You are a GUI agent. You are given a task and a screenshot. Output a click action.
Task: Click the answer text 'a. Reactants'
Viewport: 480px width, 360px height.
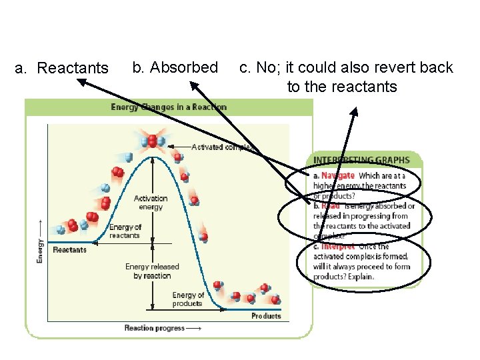(62, 68)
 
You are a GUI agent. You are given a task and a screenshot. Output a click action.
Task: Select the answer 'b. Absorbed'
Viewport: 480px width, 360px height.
(175, 67)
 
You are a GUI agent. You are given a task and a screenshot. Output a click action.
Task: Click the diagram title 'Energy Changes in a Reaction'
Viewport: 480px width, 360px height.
(168, 107)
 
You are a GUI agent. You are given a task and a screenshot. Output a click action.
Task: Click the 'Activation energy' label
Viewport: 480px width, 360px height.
(151, 203)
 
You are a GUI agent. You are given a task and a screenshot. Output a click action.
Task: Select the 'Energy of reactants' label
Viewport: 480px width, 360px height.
(125, 231)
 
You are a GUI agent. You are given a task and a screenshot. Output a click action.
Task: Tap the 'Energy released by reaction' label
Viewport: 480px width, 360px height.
(152, 271)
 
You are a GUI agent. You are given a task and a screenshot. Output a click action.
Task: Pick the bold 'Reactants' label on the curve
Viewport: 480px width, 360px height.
(69, 250)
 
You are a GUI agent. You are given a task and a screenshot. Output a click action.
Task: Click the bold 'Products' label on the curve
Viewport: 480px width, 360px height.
(266, 316)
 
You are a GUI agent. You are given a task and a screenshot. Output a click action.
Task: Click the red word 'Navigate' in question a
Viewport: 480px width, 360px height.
(338, 176)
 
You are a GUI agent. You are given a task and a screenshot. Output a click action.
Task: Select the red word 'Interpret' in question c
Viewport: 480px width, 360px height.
(337, 247)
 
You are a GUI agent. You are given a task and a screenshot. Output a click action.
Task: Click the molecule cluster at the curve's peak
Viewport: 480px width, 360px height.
(153, 141)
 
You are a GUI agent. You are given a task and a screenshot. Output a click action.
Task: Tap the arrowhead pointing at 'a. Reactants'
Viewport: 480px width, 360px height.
(80, 81)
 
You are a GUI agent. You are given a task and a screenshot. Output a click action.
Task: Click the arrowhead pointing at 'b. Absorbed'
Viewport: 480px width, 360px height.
(193, 85)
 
